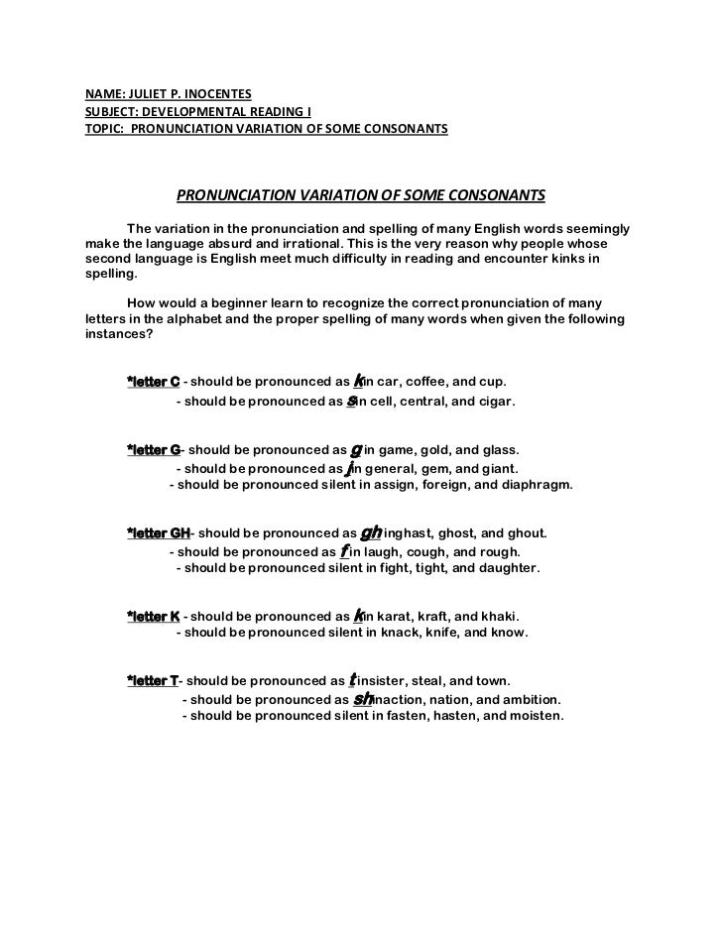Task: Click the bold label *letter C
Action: click(x=153, y=382)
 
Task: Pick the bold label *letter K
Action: click(x=153, y=616)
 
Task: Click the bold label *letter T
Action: click(x=153, y=681)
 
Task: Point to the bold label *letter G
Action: click(x=154, y=450)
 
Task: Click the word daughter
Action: click(x=506, y=569)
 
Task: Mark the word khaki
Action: click(x=497, y=616)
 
